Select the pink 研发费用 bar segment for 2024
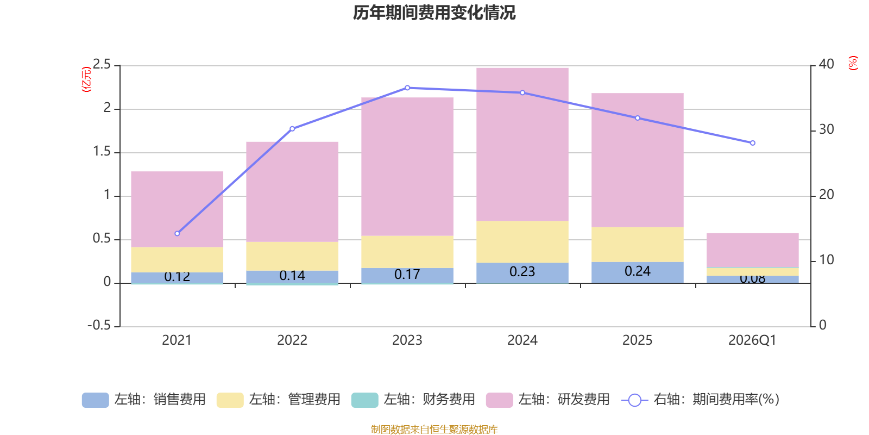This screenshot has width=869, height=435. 522,144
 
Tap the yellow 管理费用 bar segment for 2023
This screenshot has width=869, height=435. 407,252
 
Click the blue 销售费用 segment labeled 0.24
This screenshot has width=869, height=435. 638,272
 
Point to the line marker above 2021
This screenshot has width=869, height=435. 177,233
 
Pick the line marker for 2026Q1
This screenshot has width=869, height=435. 753,143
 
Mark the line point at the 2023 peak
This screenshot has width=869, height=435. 407,88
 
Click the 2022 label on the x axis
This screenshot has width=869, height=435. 292,340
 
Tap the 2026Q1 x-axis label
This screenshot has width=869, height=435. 752,340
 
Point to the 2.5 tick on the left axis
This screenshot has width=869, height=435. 102,65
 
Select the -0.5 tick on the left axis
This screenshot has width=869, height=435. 99,325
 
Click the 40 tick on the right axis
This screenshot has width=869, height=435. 826,64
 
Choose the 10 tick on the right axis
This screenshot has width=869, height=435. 826,260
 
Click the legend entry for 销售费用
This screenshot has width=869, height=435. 144,400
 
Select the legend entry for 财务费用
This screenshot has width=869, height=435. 413,400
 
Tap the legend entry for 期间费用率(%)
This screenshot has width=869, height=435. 701,400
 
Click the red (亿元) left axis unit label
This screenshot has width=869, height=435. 86,79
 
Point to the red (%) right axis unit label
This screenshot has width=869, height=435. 853,63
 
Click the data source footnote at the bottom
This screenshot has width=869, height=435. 434,430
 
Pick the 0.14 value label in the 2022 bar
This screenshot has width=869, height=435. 292,276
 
